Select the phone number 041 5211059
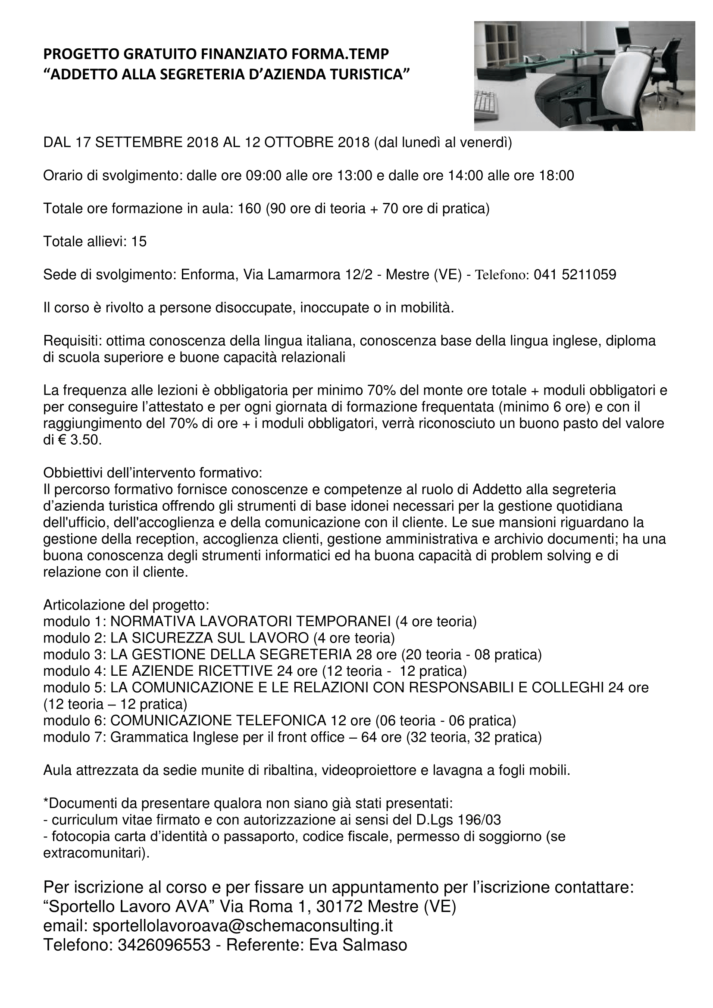pyautogui.click(x=575, y=275)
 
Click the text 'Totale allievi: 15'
pyautogui.click(x=95, y=241)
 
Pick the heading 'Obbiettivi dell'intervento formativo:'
pyautogui.click(x=153, y=473)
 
